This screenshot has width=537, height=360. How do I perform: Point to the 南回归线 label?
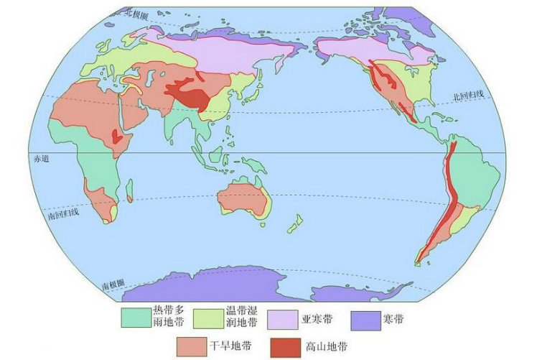(63, 213)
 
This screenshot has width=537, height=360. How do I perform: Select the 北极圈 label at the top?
(134, 13)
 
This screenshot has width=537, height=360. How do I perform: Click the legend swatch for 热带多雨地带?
(134, 316)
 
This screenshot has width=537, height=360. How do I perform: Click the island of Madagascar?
(130, 190)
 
